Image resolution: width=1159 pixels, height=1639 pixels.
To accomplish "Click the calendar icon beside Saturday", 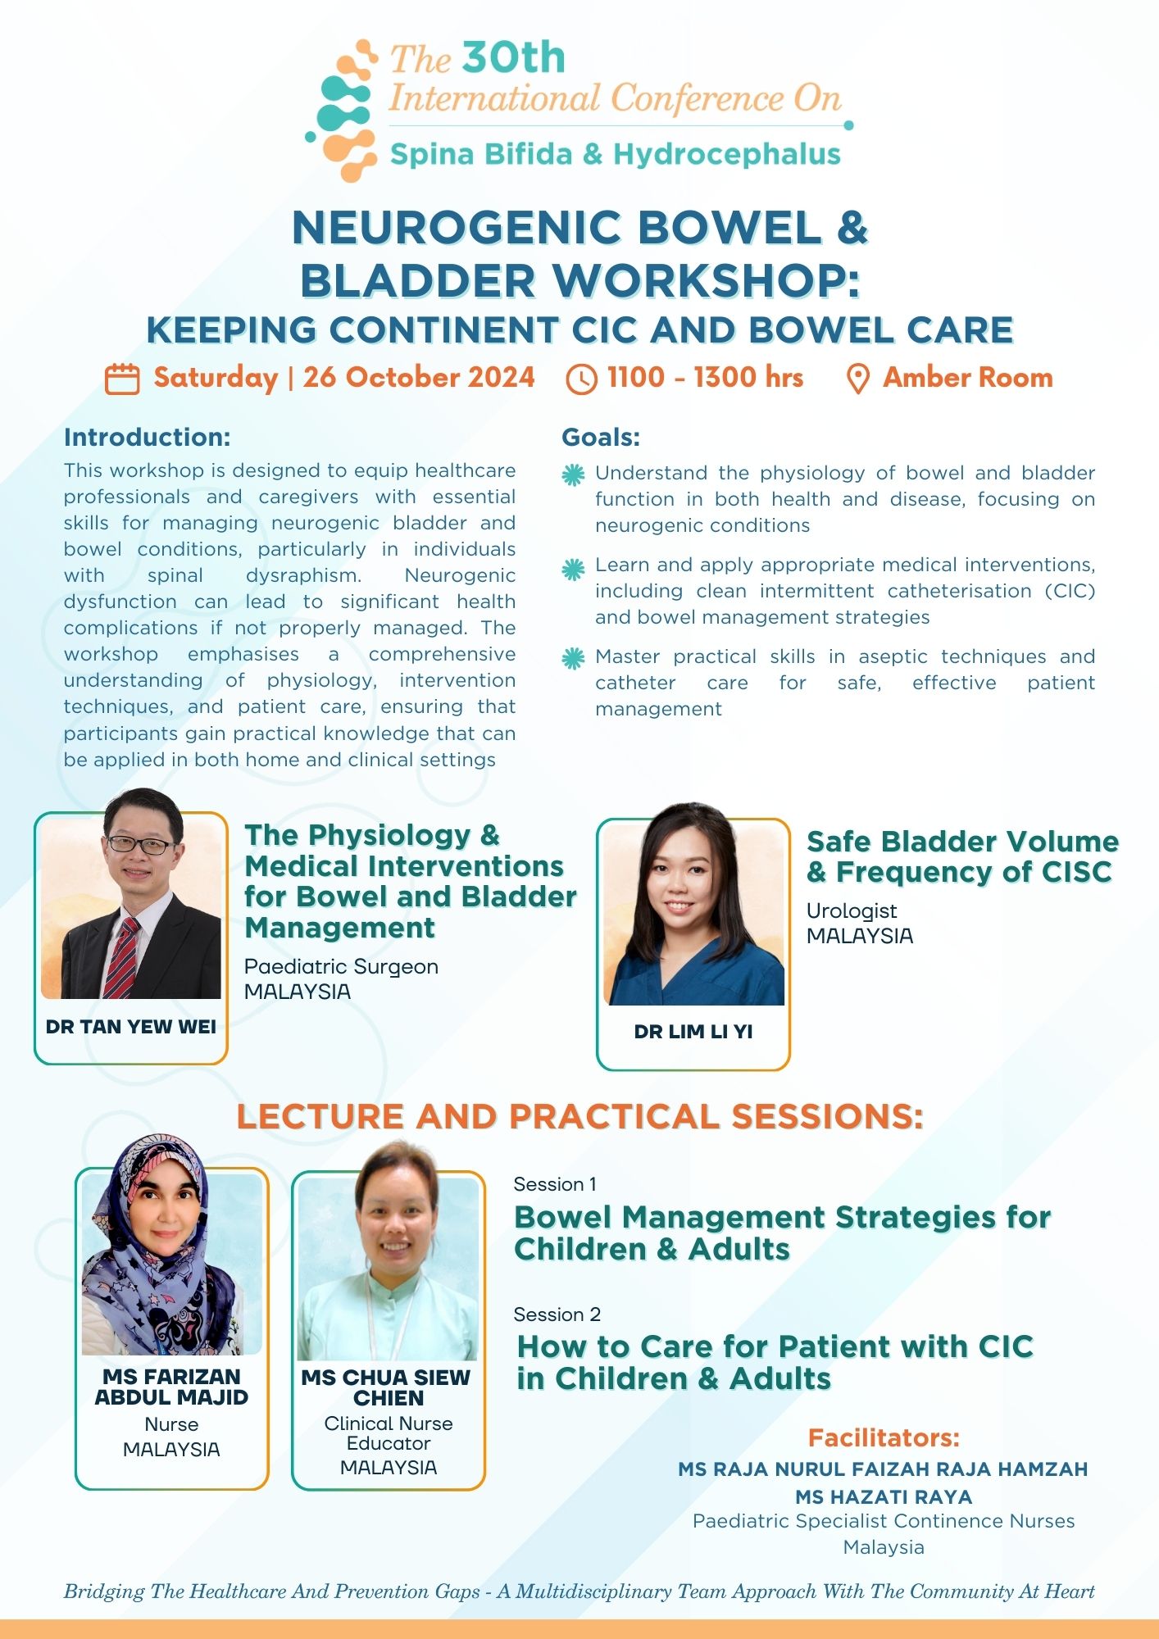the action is (122, 379).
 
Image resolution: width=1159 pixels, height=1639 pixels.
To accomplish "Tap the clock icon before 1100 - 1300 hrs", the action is (581, 379).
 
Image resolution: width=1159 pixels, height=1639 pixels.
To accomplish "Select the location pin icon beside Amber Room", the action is (857, 379).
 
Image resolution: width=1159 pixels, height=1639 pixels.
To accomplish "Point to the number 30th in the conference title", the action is (514, 58).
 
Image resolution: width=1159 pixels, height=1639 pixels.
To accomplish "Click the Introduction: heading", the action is (148, 437).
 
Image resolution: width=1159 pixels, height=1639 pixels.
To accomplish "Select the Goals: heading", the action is (601, 437).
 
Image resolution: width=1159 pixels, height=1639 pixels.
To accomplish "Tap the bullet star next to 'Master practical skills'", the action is (573, 658).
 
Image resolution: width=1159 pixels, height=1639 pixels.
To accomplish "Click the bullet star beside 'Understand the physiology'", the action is (573, 474).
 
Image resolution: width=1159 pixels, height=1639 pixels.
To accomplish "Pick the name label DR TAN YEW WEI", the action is (131, 1027).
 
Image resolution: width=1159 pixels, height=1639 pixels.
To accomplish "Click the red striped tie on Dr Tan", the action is (122, 958).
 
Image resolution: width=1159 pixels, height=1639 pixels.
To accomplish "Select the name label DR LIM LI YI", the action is (693, 1032).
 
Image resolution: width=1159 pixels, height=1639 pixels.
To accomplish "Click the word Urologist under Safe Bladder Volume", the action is (852, 910).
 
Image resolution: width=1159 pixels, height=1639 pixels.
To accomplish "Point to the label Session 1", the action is (555, 1184).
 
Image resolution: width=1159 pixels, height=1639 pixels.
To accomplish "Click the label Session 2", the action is (557, 1314).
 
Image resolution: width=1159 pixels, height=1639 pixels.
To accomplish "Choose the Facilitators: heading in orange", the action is (884, 1437).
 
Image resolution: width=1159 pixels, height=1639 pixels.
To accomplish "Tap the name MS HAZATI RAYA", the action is (884, 1496).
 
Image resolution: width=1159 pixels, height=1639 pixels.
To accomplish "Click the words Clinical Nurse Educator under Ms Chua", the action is (389, 1433).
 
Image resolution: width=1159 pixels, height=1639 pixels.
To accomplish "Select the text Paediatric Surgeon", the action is (341, 966).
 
